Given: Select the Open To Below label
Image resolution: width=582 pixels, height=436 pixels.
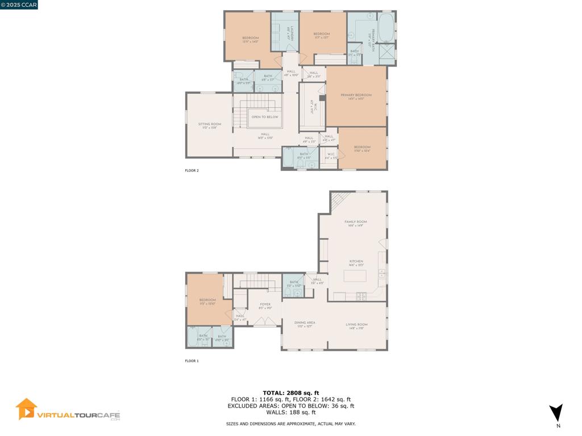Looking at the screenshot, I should point(265,117).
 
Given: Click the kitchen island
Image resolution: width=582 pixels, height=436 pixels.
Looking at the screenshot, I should point(355,276).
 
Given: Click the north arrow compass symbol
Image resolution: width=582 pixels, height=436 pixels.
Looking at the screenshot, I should point(556,413).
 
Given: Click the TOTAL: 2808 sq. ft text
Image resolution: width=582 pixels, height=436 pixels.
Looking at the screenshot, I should point(290,393).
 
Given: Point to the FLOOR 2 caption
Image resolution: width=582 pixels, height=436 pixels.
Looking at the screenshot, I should point(192,170).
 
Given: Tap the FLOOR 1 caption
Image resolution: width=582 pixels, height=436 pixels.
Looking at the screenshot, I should point(192,361).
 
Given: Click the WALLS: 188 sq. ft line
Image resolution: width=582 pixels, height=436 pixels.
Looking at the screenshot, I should point(290,413).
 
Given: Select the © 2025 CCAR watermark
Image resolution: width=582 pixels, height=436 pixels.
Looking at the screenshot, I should point(19,5).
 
